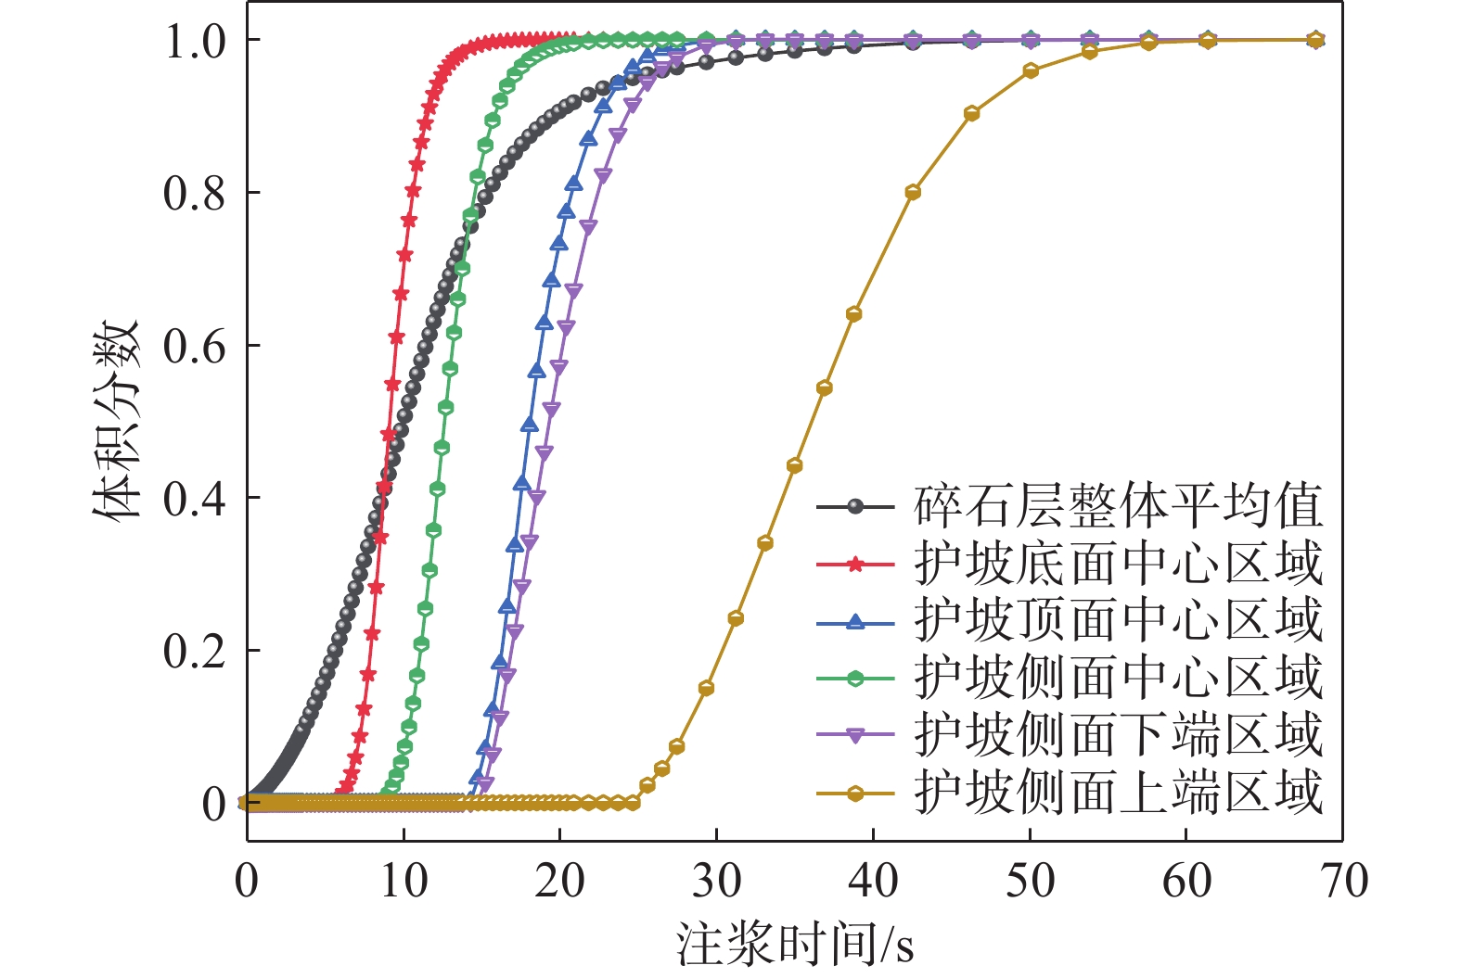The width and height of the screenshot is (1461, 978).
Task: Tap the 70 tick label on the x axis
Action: tap(1342, 882)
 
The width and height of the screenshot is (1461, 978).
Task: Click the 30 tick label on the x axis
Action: tap(716, 882)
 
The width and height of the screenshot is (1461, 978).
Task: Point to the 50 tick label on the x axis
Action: tap(1030, 882)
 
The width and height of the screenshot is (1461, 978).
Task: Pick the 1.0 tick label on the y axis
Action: tap(195, 42)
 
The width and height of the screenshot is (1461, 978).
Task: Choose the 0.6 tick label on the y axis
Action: tap(195, 347)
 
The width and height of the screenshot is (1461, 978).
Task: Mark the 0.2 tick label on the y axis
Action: tap(195, 652)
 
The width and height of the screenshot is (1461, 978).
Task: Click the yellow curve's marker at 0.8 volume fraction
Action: tap(913, 193)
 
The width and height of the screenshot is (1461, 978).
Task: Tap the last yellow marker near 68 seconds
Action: tap(1314, 40)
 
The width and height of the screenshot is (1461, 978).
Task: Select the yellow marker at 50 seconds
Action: tap(1030, 70)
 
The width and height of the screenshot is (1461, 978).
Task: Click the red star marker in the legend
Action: tap(855, 564)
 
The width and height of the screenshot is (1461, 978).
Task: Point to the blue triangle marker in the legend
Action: tap(855, 621)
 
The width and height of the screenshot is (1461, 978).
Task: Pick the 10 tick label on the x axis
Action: tap(404, 882)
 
